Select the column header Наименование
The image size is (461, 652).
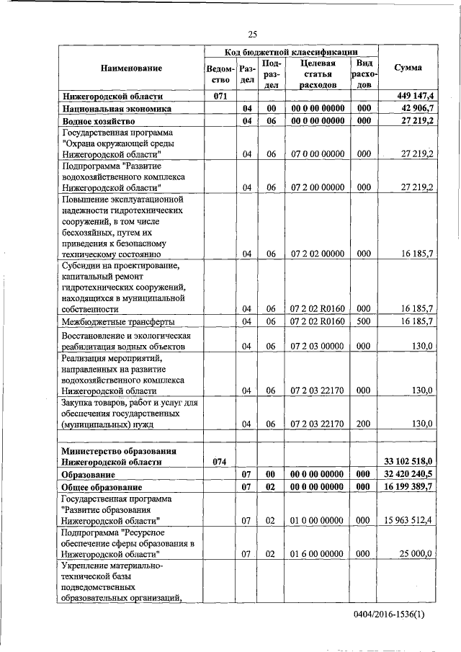[131, 68]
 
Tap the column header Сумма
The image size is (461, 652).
[408, 68]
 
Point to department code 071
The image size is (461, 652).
[220, 96]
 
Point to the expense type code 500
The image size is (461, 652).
[364, 321]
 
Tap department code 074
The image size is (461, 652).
[220, 462]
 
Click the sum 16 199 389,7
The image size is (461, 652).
[408, 487]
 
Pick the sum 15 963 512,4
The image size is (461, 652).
[408, 519]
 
